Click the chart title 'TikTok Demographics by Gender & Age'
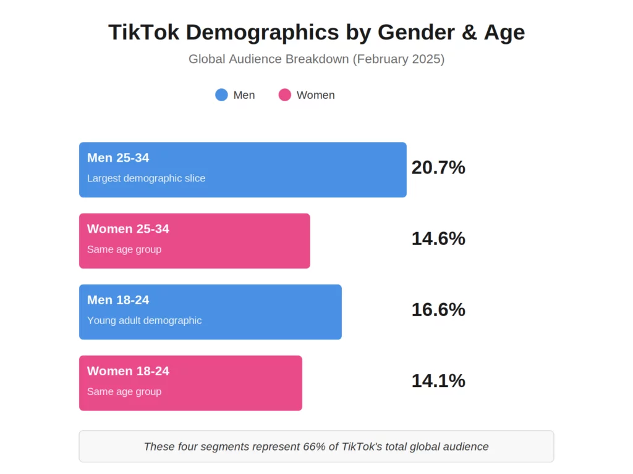point(316,32)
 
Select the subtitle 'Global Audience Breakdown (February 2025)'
point(316,59)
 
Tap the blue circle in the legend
point(221,95)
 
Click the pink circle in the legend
point(284,95)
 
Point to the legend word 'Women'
point(315,95)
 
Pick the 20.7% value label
point(438,167)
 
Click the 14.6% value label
point(438,238)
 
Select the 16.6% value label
point(438,309)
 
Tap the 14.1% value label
point(438,381)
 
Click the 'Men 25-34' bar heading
point(118,158)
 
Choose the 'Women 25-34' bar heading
point(128,229)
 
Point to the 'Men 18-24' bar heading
point(118,300)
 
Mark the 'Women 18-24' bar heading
point(128,371)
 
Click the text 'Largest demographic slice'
point(146,178)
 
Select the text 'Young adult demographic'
point(144,320)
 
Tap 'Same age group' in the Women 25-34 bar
point(124,249)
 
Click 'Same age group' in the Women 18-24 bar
point(124,391)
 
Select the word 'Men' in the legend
point(244,95)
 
